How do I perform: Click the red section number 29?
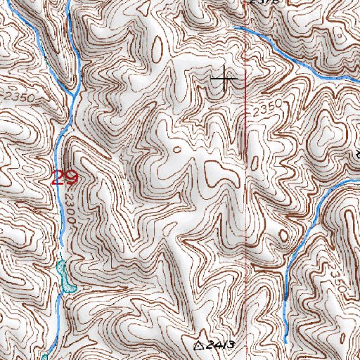pos(63,176)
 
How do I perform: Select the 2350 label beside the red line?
pos(266,109)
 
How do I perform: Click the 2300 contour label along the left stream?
pos(73,209)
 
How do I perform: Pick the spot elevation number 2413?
pos(219,345)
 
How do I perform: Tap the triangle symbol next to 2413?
pos(199,346)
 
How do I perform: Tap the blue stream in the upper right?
pos(295,60)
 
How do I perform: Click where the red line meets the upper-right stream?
pos(244,29)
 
